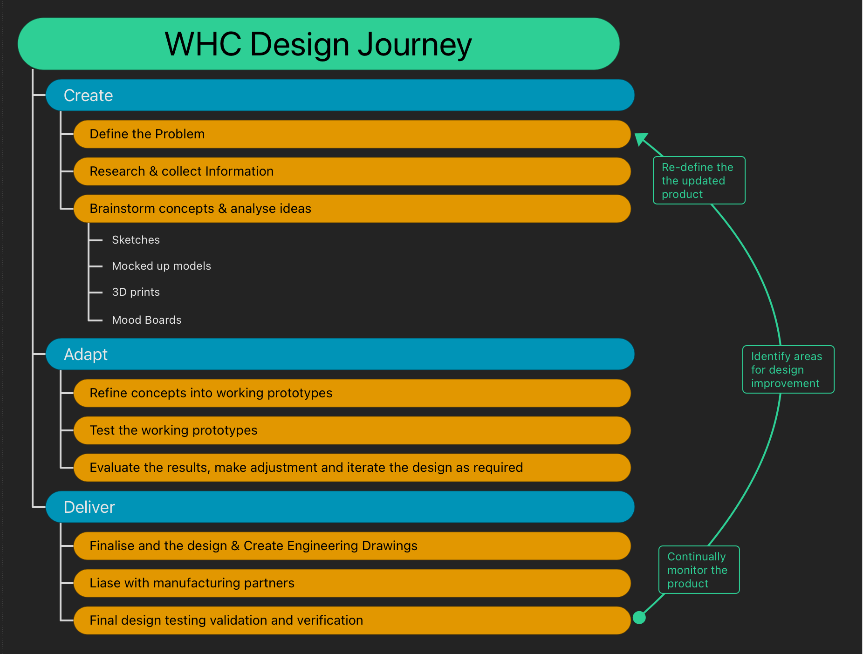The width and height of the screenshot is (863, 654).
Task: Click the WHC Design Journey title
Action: (x=318, y=44)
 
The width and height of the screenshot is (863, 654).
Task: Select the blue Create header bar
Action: (x=340, y=95)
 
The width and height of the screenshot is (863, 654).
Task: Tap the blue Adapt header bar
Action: (x=340, y=354)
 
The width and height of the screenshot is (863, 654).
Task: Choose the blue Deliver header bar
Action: (x=340, y=507)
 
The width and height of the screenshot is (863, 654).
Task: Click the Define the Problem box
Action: (x=352, y=134)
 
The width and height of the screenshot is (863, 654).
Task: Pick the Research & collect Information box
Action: (x=352, y=171)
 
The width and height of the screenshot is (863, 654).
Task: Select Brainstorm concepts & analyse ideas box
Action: (x=352, y=209)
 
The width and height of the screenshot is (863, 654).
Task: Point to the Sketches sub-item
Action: (x=136, y=240)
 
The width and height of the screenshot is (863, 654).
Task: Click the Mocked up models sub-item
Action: (x=161, y=266)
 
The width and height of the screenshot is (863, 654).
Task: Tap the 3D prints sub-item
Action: (x=136, y=292)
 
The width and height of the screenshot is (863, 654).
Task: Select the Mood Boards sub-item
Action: (x=146, y=320)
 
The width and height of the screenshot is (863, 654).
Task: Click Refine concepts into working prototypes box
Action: (x=352, y=393)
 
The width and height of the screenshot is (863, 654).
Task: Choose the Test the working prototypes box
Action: (x=352, y=430)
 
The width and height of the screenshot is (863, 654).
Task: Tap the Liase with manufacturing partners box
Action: (x=352, y=583)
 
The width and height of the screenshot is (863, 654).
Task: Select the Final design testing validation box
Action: (x=352, y=620)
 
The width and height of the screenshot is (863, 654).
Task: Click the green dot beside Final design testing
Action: (x=639, y=618)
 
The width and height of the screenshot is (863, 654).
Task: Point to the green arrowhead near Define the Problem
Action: (x=641, y=139)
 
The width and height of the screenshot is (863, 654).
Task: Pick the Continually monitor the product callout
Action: (x=699, y=570)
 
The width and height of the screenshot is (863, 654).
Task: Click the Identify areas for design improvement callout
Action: (x=788, y=369)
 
